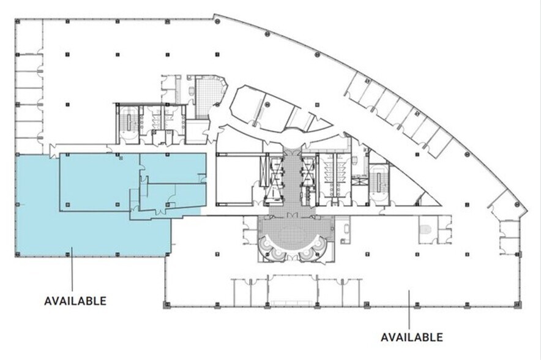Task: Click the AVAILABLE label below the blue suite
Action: pos(75,301)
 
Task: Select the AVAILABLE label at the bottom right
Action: pos(411,337)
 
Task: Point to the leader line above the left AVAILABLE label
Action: pos(72,269)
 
